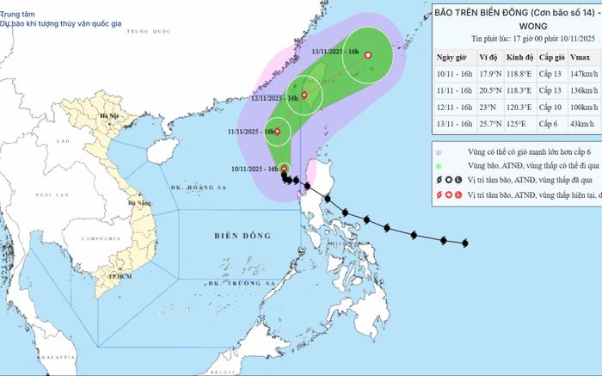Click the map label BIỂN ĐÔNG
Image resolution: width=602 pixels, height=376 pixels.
(243, 234)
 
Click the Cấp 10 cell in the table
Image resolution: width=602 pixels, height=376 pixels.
(550, 108)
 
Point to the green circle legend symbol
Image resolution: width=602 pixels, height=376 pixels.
(439, 166)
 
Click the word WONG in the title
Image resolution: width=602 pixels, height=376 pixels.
(516, 26)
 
